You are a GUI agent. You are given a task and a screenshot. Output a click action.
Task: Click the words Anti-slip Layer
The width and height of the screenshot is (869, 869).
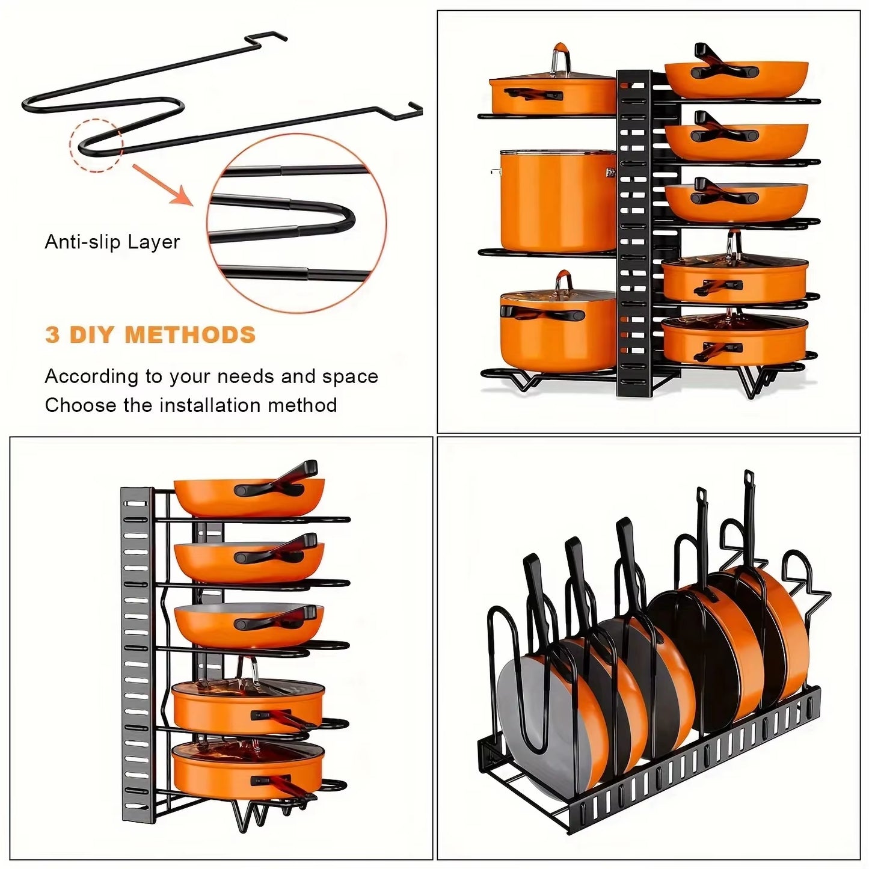pyautogui.click(x=112, y=242)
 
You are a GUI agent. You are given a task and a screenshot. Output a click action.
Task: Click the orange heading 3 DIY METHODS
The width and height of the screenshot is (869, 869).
pyautogui.click(x=150, y=335)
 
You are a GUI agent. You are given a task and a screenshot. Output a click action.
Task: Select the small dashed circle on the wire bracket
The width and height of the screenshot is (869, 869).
pyautogui.click(x=96, y=145)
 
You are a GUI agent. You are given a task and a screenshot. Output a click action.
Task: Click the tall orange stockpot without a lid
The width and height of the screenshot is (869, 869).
pyautogui.click(x=556, y=201)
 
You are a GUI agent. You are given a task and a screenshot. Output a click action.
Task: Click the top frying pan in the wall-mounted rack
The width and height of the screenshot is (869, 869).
pyautogui.click(x=248, y=496)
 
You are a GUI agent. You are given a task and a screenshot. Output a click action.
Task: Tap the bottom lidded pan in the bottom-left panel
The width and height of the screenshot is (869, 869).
pyautogui.click(x=248, y=769)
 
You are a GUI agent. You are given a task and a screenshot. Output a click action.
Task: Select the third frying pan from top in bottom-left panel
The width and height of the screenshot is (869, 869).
pyautogui.click(x=248, y=625)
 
